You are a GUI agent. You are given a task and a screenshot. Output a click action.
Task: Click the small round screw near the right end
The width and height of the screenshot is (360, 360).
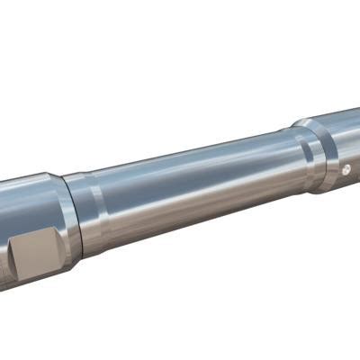tap(346, 168)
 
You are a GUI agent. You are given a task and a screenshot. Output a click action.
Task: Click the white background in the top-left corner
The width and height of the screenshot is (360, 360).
tap(27, 27)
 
